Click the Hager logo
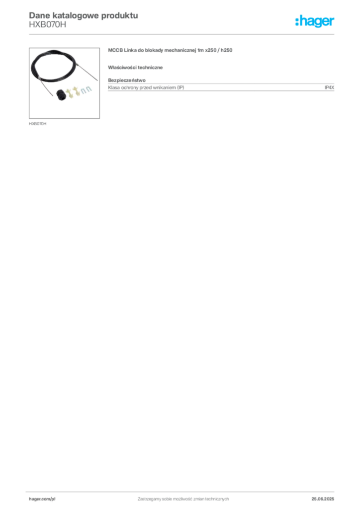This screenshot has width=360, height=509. click(314, 21)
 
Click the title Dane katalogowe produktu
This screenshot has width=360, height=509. click(84, 15)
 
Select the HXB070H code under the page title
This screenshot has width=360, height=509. click(47, 25)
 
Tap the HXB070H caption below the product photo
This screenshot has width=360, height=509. click(38, 124)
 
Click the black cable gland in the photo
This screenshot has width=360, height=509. click(61, 94)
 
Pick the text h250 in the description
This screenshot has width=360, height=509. click(227, 50)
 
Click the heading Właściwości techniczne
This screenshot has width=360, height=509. click(135, 68)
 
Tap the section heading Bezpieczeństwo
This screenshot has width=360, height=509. click(127, 80)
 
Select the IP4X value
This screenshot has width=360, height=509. click(329, 87)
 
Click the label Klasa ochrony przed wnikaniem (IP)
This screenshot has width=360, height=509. click(146, 87)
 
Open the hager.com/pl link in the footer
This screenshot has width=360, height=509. click(40, 499)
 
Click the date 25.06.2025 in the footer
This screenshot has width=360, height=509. click(323, 499)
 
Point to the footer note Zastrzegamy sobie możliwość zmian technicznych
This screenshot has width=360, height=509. click(183, 499)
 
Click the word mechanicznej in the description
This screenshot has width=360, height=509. click(180, 50)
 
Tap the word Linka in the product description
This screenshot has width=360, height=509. click(130, 50)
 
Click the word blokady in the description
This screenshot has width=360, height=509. click(154, 50)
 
